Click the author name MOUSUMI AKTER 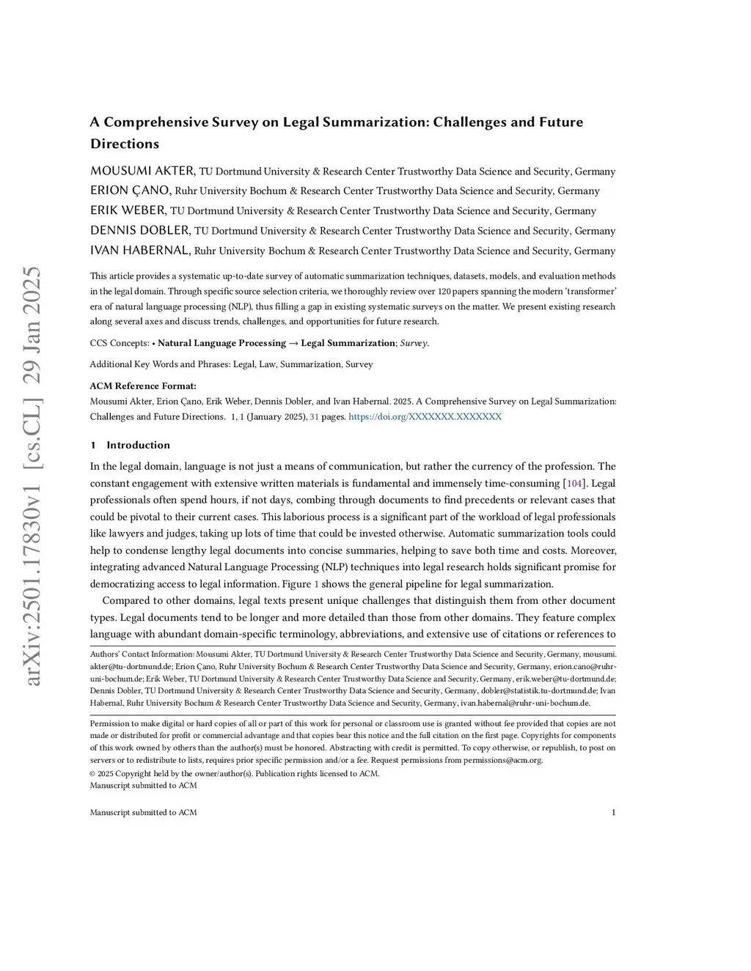[x=142, y=171]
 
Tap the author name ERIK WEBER [x=128, y=210]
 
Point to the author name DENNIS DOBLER [x=139, y=230]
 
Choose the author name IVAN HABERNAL [x=140, y=250]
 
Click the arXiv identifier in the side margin [x=33, y=476]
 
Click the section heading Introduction [x=138, y=445]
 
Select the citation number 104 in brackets [x=574, y=483]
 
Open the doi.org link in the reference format [x=425, y=416]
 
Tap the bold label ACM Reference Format [x=143, y=385]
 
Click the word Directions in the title [x=125, y=144]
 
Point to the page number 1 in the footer [x=613, y=812]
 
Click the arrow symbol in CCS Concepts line [x=293, y=343]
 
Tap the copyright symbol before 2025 [x=92, y=773]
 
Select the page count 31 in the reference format [x=314, y=416]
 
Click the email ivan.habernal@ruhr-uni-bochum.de [x=524, y=703]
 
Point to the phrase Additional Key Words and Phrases [x=158, y=364]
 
